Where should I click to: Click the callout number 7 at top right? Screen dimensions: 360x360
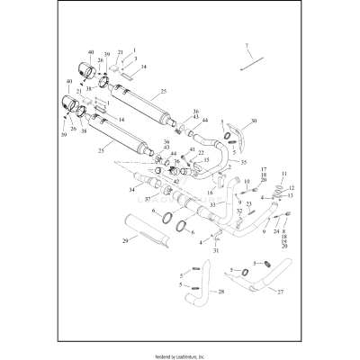(245, 44)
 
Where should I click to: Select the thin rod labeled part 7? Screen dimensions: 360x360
(249, 64)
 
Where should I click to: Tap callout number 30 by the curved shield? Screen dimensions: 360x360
(254, 120)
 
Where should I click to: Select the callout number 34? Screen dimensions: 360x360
(130, 190)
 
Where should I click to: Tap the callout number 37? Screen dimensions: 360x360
(148, 198)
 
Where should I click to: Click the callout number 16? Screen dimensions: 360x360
(211, 193)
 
